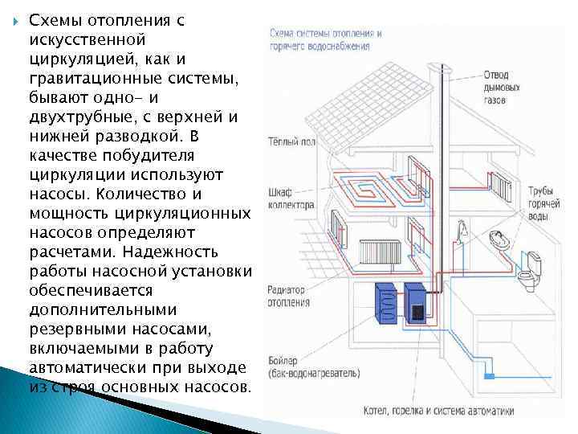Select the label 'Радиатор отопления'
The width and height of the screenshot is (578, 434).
[x=287, y=297]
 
